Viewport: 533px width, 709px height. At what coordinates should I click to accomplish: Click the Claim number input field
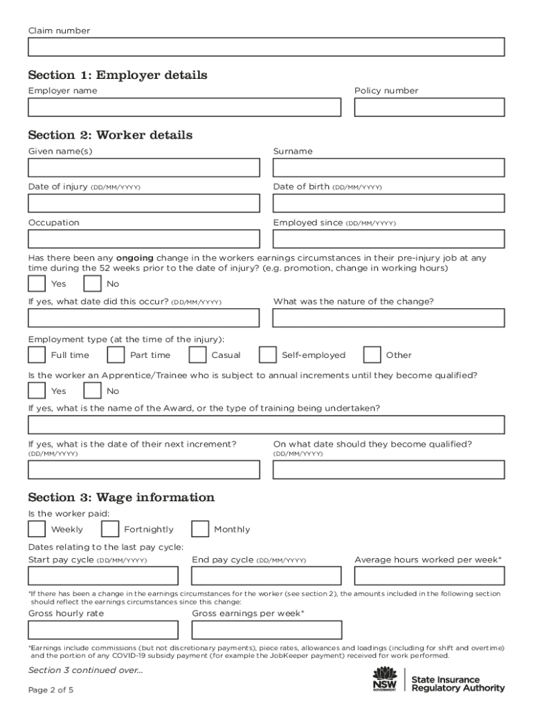(x=266, y=47)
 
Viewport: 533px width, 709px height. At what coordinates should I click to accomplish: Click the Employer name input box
(x=184, y=107)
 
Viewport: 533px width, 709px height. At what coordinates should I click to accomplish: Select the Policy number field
(x=429, y=107)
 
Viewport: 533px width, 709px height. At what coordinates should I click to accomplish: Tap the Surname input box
(x=388, y=168)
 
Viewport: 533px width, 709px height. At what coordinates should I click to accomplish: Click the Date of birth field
(x=388, y=204)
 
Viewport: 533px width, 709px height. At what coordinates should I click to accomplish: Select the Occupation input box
(x=144, y=239)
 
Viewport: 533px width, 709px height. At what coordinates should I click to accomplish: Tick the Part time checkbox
(x=116, y=355)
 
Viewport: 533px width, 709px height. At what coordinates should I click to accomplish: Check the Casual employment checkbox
(x=198, y=355)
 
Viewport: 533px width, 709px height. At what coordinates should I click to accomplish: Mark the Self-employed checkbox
(x=268, y=355)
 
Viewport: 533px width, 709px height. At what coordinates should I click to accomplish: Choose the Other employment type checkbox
(x=372, y=355)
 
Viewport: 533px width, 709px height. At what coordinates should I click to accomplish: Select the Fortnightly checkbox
(x=109, y=529)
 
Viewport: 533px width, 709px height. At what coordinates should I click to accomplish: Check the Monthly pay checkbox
(x=200, y=529)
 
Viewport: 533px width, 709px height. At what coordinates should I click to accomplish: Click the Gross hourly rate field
(x=103, y=630)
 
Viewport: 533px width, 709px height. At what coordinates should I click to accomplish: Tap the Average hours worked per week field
(x=429, y=576)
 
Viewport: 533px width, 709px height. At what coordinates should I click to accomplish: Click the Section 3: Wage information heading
(x=121, y=497)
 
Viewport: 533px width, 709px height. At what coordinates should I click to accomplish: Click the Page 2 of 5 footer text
(x=51, y=690)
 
